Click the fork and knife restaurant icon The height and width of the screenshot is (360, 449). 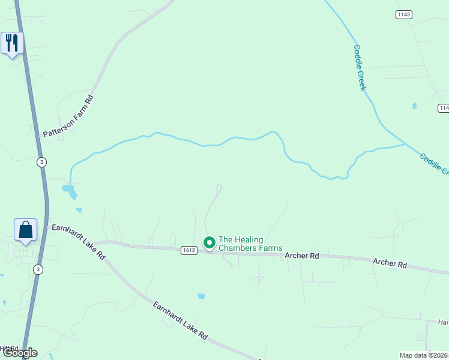[x=12, y=43]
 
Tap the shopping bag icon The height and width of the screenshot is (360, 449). [x=25, y=230]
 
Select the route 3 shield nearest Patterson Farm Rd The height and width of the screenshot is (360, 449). [x=41, y=162]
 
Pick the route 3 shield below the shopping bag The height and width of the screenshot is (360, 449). [x=38, y=269]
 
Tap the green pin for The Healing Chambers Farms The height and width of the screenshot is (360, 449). [x=209, y=243]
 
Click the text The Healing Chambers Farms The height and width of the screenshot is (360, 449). [x=242, y=244]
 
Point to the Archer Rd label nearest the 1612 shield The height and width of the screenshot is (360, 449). [x=301, y=256]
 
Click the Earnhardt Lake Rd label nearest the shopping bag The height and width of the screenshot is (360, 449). [x=79, y=241]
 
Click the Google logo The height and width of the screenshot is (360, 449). [x=19, y=353]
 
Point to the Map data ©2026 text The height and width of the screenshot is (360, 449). [x=424, y=355]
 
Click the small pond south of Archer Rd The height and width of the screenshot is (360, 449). [x=201, y=296]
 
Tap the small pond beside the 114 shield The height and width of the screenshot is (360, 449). [x=414, y=106]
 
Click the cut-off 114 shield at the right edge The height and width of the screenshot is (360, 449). [x=444, y=108]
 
